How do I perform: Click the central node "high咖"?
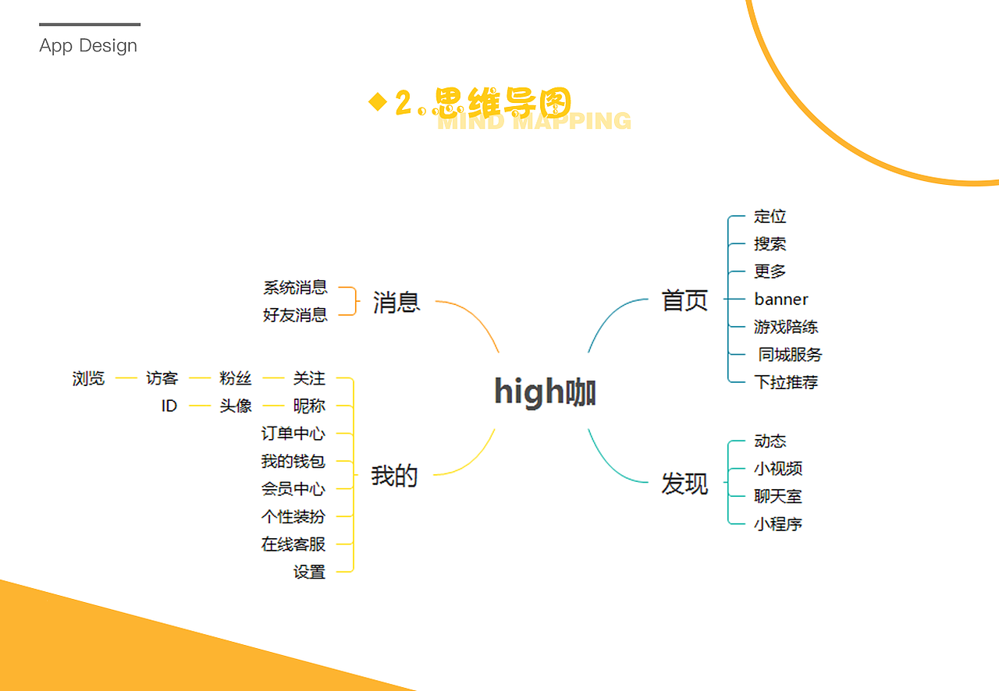(x=545, y=392)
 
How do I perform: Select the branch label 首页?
(x=684, y=300)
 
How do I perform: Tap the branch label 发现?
(x=684, y=484)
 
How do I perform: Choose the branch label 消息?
(x=396, y=302)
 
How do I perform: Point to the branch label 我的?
(x=394, y=475)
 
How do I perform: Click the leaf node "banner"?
(x=780, y=299)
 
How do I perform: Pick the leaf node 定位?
(x=770, y=217)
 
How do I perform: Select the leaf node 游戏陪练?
(x=785, y=327)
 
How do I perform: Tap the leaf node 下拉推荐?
(x=785, y=382)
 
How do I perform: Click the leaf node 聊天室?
(x=777, y=496)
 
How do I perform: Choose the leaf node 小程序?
(x=777, y=524)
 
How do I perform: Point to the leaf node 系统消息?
(x=295, y=288)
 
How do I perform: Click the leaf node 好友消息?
(x=295, y=315)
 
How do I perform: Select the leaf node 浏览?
(x=88, y=378)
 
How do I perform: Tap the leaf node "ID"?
(x=169, y=406)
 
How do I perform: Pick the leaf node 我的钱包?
(x=293, y=462)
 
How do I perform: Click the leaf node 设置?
(x=309, y=572)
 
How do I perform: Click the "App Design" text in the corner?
(x=88, y=46)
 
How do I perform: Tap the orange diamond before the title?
(x=378, y=102)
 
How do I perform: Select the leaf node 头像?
(x=236, y=406)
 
